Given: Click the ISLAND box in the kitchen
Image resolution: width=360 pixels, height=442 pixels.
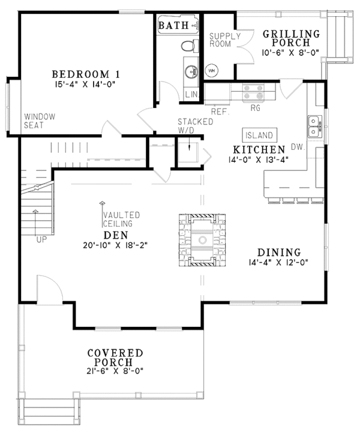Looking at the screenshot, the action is click(259, 135).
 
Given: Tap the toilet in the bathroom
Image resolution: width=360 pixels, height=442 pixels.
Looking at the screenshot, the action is click(188, 46).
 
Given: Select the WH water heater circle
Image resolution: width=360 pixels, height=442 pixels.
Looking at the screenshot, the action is click(211, 71).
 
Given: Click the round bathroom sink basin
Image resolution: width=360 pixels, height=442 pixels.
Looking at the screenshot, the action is click(191, 71).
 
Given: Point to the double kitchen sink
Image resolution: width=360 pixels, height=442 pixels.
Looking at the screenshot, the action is click(314, 126).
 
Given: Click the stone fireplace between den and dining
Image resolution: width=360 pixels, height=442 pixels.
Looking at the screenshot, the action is click(202, 240).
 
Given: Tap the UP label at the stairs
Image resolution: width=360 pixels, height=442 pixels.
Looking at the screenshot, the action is click(42, 240).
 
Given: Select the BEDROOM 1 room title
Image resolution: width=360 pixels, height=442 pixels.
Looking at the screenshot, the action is click(86, 74).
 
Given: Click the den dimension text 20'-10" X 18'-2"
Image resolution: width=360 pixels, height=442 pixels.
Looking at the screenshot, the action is click(115, 245).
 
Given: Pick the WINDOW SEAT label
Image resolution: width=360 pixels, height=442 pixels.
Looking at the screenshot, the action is click(40, 121).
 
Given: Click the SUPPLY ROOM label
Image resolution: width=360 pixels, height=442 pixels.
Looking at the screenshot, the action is click(225, 40).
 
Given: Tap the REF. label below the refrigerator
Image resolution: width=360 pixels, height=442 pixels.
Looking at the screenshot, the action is click(220, 112).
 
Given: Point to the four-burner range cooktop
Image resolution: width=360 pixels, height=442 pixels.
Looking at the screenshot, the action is click(253, 92).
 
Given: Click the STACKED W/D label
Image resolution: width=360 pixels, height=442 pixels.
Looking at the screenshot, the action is click(196, 126).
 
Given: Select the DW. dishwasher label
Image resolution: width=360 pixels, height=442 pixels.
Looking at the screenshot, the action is click(298, 147).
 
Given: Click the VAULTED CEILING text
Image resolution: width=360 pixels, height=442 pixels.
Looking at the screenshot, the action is click(122, 220).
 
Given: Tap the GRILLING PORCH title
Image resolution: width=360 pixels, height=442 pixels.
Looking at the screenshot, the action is click(291, 38).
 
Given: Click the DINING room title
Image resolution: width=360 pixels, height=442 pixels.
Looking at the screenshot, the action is click(279, 252).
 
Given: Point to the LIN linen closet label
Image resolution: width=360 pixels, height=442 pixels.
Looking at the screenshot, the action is click(191, 94).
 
